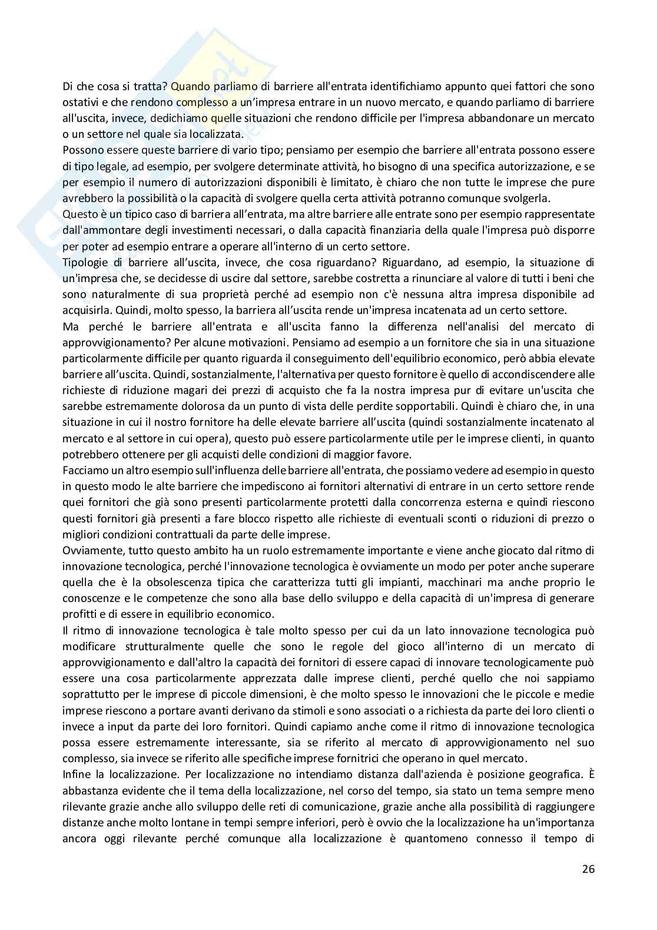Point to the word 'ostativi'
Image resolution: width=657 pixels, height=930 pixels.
tap(78, 102)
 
